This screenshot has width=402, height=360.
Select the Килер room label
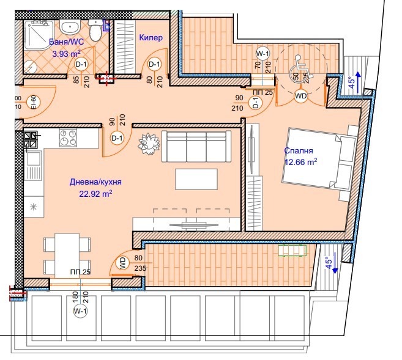tap(151, 38)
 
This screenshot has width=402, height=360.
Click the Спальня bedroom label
tap(298, 151)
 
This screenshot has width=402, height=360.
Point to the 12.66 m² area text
tap(300, 162)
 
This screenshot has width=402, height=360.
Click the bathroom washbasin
tap(69, 26)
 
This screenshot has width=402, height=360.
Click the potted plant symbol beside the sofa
tap(148, 145)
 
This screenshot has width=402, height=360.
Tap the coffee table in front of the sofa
tap(196, 179)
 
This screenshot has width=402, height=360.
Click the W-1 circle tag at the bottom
tap(80, 312)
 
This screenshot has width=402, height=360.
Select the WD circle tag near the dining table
tap(121, 264)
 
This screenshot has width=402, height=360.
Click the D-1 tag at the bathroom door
tap(81, 64)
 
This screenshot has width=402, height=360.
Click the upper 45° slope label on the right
tap(351, 81)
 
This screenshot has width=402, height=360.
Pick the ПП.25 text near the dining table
tap(80, 272)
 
